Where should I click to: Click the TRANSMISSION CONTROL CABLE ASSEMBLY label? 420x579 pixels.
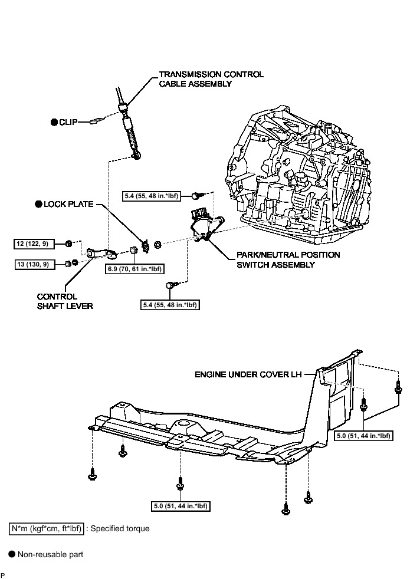click(211, 79)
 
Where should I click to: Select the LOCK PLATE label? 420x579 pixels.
click(68, 204)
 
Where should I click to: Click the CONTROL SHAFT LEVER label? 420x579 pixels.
click(65, 301)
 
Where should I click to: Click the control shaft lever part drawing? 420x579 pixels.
click(101, 254)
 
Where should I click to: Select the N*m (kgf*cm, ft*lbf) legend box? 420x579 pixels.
click(47, 528)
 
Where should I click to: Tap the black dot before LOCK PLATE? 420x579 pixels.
click(38, 204)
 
